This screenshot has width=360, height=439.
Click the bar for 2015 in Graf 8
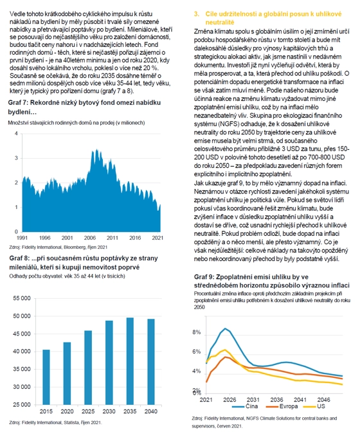point(46,377)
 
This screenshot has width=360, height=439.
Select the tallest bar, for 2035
point(130,361)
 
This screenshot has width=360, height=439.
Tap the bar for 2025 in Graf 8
point(88,368)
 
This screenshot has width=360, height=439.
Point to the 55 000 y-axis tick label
point(22,298)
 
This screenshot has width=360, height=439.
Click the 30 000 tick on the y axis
point(22,387)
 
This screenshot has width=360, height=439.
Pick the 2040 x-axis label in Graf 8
point(151,411)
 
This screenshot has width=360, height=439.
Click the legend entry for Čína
point(245,406)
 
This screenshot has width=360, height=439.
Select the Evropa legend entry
point(282,406)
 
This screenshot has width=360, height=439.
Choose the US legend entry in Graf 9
point(314,406)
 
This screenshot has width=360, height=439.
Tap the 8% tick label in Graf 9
point(197,332)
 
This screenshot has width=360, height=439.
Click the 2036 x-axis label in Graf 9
point(276,400)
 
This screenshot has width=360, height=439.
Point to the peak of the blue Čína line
point(225,328)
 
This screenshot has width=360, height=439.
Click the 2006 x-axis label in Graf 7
point(90,238)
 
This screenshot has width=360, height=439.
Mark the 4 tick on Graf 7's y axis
point(16,134)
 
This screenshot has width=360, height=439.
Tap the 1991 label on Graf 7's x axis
point(22,238)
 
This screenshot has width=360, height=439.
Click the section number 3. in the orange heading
point(197,14)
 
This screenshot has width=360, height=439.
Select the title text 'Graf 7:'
point(18,102)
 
